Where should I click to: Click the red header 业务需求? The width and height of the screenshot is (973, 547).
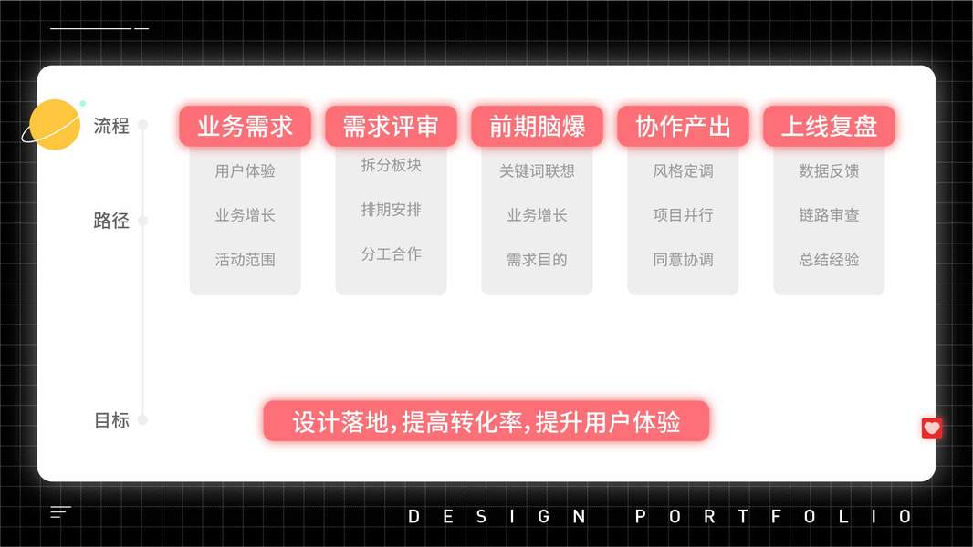tap(245, 127)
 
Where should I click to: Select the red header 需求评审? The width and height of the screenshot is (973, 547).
tap(391, 127)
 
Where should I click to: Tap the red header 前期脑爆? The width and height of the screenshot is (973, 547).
tap(537, 127)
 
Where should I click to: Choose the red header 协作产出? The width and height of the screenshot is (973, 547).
tap(683, 127)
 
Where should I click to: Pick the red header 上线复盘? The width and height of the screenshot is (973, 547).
tap(829, 127)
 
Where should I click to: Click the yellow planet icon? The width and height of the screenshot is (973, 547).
tap(55, 125)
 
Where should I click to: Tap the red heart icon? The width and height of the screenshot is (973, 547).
tap(931, 428)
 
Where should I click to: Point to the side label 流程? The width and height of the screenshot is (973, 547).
tap(111, 126)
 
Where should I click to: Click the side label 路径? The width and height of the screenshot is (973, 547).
tap(111, 221)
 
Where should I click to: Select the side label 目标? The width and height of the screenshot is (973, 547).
tap(111, 420)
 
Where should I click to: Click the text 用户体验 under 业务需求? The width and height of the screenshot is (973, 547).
tap(245, 170)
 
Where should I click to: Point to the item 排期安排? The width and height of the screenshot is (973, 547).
tap(391, 210)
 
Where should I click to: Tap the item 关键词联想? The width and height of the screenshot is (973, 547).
tap(537, 170)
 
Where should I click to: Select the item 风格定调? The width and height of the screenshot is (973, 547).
tap(683, 170)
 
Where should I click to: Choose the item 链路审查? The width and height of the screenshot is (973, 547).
tap(829, 215)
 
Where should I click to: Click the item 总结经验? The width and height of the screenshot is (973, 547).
tap(829, 259)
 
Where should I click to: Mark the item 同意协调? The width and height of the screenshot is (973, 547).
tap(683, 259)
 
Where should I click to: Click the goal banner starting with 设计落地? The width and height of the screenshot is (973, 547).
tap(486, 422)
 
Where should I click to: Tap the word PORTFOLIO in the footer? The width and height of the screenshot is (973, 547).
tap(772, 517)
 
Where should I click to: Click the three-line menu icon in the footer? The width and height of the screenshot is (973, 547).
tap(60, 512)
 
